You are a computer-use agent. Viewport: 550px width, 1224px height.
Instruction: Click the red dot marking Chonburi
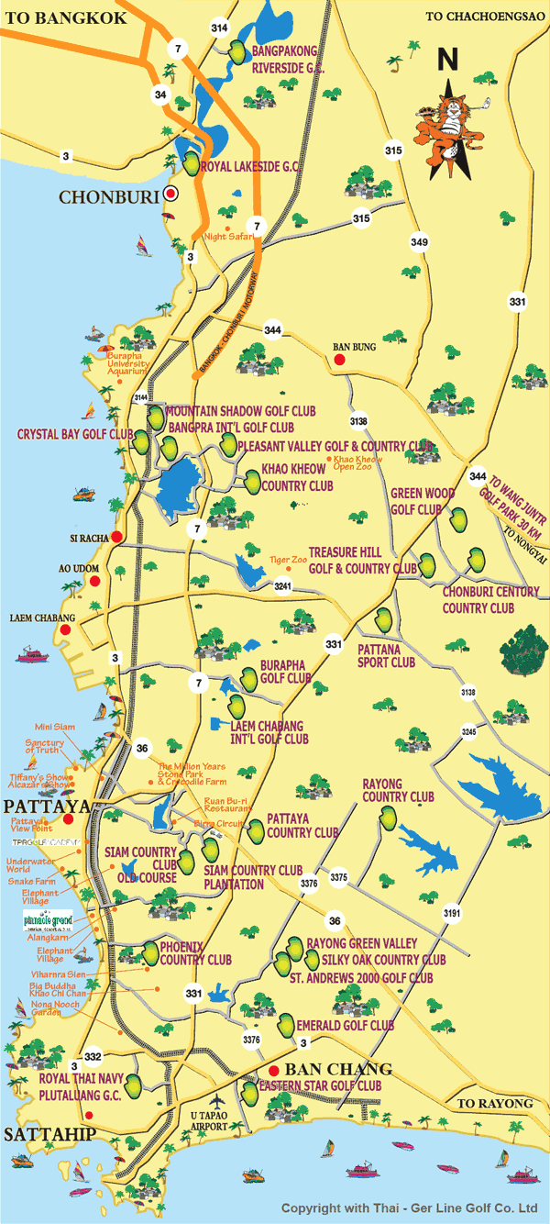pyautogui.click(x=170, y=194)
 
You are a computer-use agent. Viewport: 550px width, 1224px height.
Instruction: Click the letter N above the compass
pyautogui.click(x=447, y=60)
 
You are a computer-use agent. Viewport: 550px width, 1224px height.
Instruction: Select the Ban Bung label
pyautogui.click(x=354, y=347)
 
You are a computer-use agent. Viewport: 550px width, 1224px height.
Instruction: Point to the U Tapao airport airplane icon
pyautogui.click(x=216, y=1100)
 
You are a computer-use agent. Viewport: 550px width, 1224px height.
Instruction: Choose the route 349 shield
pyautogui.click(x=419, y=242)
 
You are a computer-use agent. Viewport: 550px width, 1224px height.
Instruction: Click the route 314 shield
pyautogui.click(x=219, y=28)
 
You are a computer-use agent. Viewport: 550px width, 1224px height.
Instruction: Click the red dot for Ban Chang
pyautogui.click(x=273, y=1071)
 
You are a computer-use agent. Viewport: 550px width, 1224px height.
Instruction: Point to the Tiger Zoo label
pyautogui.click(x=285, y=559)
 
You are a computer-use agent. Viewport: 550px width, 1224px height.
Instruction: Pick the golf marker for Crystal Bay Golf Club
pyautogui.click(x=140, y=442)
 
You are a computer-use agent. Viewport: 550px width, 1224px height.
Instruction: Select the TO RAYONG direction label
pyautogui.click(x=495, y=1103)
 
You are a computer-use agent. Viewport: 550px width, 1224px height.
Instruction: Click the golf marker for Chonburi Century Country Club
pyautogui.click(x=477, y=558)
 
